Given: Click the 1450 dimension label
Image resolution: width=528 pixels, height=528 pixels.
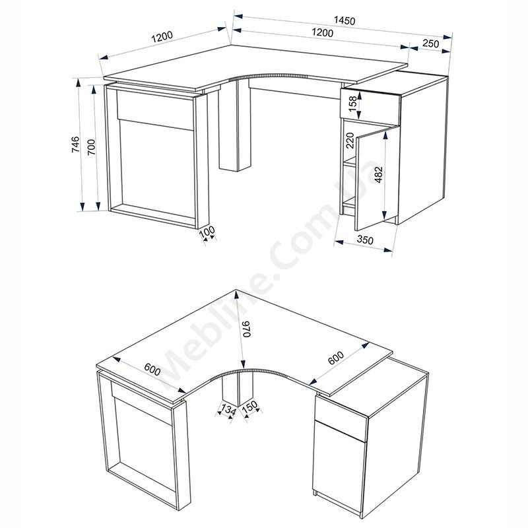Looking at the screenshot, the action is (344, 20).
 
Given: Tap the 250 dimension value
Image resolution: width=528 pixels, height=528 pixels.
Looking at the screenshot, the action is (431, 44).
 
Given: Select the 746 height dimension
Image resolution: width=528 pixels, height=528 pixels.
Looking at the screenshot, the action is (76, 145).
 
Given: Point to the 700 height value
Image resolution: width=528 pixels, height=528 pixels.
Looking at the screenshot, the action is (91, 147).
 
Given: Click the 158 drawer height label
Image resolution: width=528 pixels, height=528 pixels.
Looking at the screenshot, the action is (352, 104).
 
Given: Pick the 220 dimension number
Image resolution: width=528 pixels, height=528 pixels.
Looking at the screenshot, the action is (350, 141).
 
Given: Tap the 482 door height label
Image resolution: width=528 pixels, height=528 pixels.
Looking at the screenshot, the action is (378, 175).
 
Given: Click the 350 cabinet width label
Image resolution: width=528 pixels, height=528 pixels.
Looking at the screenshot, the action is (365, 240).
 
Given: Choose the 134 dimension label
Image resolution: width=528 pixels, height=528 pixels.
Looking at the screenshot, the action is (228, 410).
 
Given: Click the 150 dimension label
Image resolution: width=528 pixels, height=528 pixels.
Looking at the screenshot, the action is (250, 407).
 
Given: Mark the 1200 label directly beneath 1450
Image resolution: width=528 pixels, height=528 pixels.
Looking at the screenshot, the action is (322, 32).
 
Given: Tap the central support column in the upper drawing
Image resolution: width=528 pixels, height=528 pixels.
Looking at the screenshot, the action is (235, 125).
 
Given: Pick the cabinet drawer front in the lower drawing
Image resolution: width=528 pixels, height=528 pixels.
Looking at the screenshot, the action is (341, 417).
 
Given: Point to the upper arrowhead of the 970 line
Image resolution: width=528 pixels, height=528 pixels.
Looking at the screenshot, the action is (237, 295).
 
